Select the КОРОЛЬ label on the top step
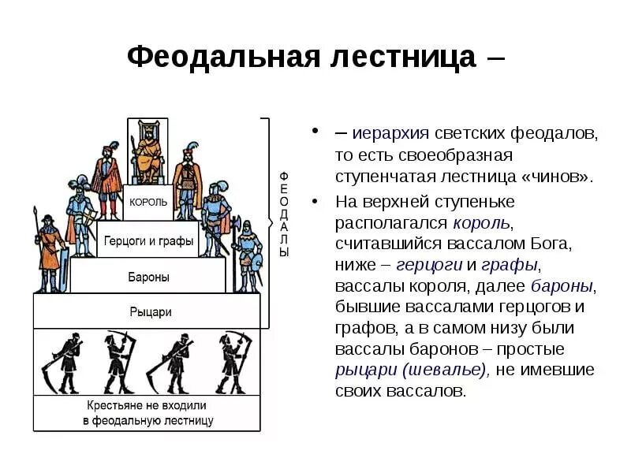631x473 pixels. [148, 202]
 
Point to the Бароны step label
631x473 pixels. [148, 277]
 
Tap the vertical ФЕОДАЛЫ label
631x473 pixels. [284, 213]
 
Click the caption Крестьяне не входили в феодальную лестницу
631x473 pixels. [147, 413]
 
